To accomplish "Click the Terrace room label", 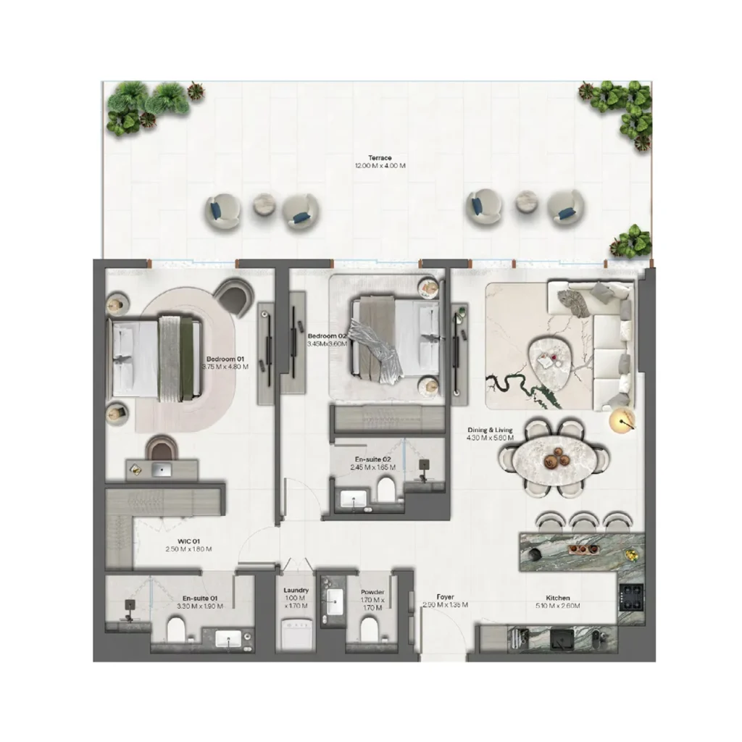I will (x=380, y=158).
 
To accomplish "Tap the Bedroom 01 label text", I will (x=227, y=359).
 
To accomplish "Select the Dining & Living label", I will (x=490, y=430).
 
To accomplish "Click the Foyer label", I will (x=445, y=596).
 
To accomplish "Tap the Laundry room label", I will (x=296, y=591).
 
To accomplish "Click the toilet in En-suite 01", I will (x=176, y=629).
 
